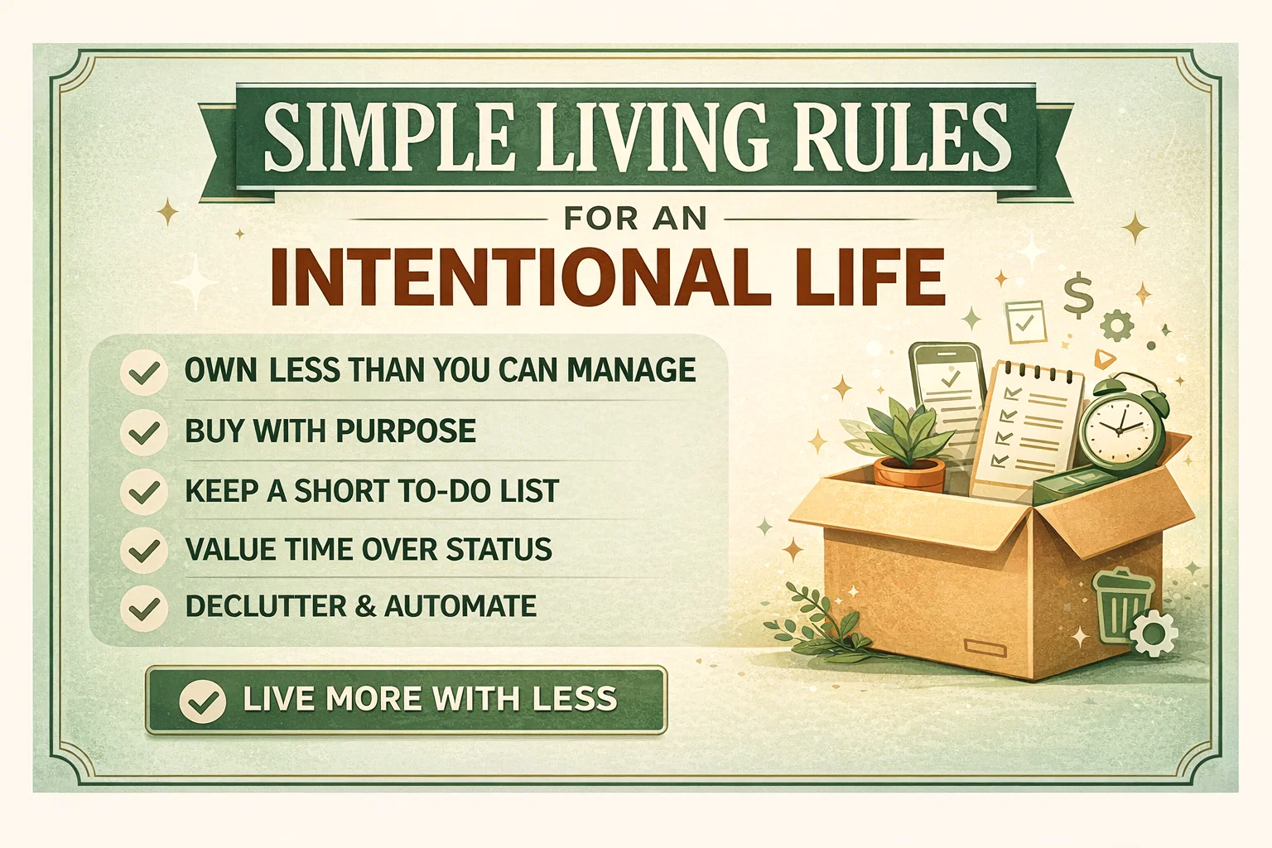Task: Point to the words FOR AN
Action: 635,219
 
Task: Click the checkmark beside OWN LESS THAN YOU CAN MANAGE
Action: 144,373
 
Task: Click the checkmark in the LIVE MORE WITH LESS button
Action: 203,701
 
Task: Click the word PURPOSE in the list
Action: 406,431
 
